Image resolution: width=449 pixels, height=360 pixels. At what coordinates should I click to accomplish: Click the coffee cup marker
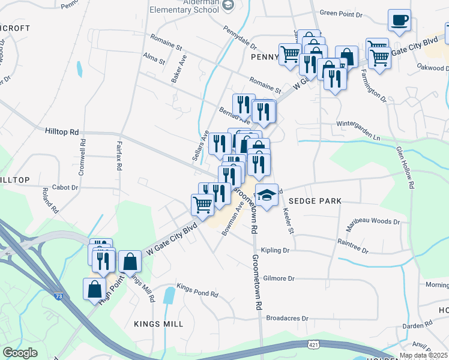399,21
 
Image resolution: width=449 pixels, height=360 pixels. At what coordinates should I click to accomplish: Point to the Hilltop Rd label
62,131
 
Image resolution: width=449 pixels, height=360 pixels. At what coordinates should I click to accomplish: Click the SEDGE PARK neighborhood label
315,202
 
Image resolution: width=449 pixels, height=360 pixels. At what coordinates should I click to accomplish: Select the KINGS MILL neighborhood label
158,324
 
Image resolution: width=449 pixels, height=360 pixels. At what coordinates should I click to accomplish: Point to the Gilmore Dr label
279,278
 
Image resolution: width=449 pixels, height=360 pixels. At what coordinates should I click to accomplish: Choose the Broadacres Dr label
287,318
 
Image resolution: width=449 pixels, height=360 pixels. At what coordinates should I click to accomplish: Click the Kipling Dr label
276,250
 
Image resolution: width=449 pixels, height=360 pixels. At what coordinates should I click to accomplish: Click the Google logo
20,353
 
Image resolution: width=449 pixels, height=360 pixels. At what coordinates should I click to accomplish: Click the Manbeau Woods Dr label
372,221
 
